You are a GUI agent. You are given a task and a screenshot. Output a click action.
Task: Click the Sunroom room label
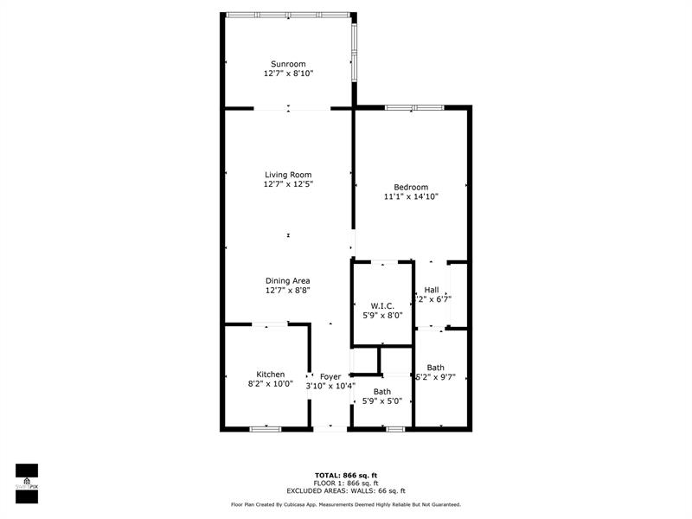pyautogui.click(x=288, y=64)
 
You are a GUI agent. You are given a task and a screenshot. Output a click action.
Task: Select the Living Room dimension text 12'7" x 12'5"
pyautogui.click(x=288, y=184)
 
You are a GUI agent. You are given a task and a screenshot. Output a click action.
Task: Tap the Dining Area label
pyautogui.click(x=288, y=280)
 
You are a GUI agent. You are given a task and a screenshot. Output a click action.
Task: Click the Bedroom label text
pyautogui.click(x=411, y=187)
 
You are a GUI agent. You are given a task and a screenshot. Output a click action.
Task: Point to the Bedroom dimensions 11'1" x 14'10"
pyautogui.click(x=411, y=197)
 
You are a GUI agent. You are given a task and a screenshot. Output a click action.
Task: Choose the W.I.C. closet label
pyautogui.click(x=382, y=305)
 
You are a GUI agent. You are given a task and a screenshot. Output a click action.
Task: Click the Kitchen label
pyautogui.click(x=270, y=374)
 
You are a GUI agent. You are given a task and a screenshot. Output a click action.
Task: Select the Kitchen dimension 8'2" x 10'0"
pyautogui.click(x=270, y=384)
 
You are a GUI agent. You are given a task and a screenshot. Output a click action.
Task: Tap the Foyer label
pyautogui.click(x=330, y=376)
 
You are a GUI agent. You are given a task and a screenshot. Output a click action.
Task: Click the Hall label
pyautogui.click(x=432, y=290)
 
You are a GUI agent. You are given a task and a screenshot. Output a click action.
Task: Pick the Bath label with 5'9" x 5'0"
pyautogui.click(x=382, y=392)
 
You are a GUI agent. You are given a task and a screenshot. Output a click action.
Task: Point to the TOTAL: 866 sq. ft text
pyautogui.click(x=345, y=475)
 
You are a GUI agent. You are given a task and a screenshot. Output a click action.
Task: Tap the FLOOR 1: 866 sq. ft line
pyautogui.click(x=345, y=483)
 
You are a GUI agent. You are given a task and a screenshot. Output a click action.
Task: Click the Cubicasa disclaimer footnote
pyautogui.click(x=345, y=504)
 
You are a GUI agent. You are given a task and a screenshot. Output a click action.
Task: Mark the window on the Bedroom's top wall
pyautogui.click(x=414, y=108)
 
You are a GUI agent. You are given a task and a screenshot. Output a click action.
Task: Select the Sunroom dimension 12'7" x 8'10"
pyautogui.click(x=288, y=74)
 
